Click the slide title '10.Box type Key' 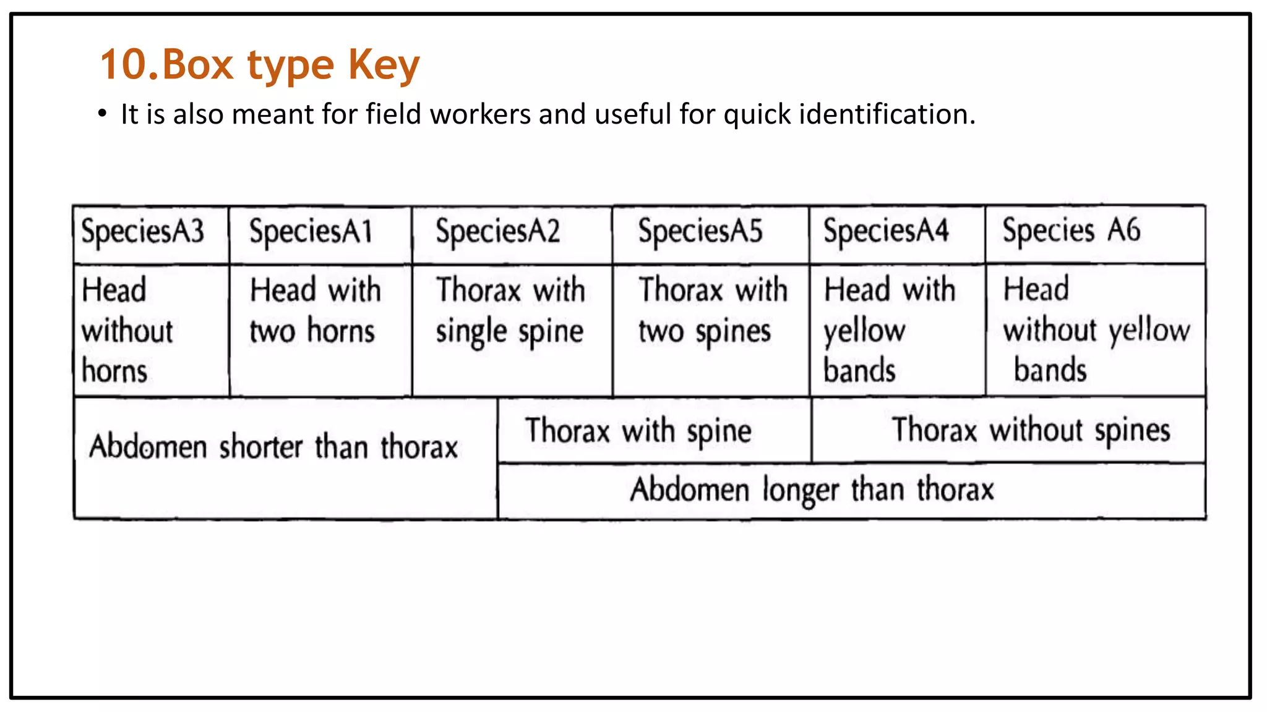point(260,65)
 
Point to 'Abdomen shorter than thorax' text point(273,447)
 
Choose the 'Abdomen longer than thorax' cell point(812,490)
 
